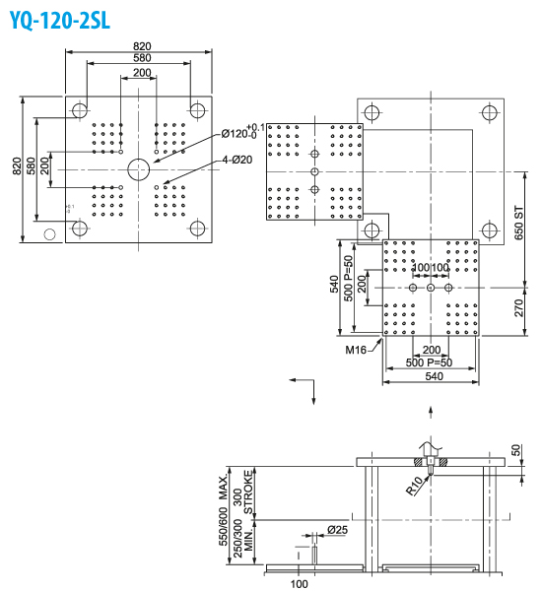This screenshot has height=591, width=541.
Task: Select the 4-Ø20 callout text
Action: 237,160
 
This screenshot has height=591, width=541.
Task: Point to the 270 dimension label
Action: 520,307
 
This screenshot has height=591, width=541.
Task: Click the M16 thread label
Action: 357,349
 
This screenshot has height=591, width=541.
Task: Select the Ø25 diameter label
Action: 337,530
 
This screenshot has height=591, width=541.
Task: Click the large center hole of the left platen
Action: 139,168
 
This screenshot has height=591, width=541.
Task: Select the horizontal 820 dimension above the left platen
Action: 142,47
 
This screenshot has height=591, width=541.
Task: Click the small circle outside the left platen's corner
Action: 50,234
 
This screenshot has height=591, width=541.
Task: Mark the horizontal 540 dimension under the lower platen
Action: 431,376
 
